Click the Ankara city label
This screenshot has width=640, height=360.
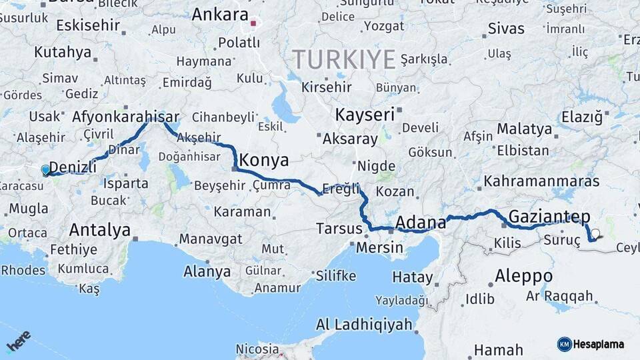[x=219, y=14]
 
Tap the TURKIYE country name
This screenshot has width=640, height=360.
[x=344, y=60]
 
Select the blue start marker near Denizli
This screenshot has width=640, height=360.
[x=45, y=170]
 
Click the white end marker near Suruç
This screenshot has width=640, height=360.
[x=595, y=234]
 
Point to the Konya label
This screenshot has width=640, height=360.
[x=264, y=160]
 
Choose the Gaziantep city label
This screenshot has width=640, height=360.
[x=549, y=216]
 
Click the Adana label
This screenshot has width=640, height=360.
[x=421, y=221]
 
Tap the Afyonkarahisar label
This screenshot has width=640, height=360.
[x=126, y=115]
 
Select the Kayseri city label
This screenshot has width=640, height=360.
[x=365, y=115]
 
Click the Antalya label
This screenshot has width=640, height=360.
[x=100, y=231]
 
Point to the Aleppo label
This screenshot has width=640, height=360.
[x=523, y=275]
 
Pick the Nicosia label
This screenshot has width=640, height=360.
[x=257, y=349]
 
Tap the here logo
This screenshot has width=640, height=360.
[x=19, y=341]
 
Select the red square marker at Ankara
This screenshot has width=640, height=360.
[x=253, y=24]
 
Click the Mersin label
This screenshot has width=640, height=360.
[x=380, y=247]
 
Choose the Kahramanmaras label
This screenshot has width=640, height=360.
[x=541, y=181]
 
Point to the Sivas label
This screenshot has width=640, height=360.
[x=506, y=29]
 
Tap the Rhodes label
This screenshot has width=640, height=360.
[x=23, y=271]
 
